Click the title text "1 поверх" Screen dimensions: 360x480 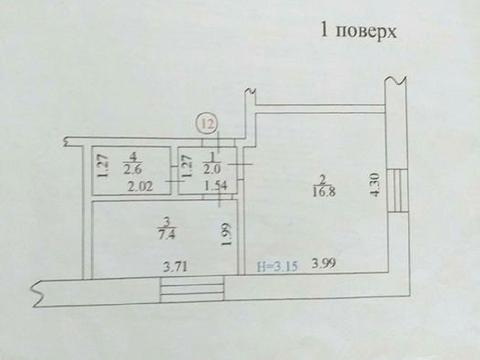pos(357,30)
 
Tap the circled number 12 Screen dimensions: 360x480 pos(207,124)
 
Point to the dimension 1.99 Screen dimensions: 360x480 pos(227,235)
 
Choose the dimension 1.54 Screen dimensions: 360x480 pos(215,186)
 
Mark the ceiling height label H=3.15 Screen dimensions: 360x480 pos(279,265)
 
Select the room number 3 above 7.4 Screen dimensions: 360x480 pos(166,222)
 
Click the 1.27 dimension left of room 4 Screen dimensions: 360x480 pos(102,163)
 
